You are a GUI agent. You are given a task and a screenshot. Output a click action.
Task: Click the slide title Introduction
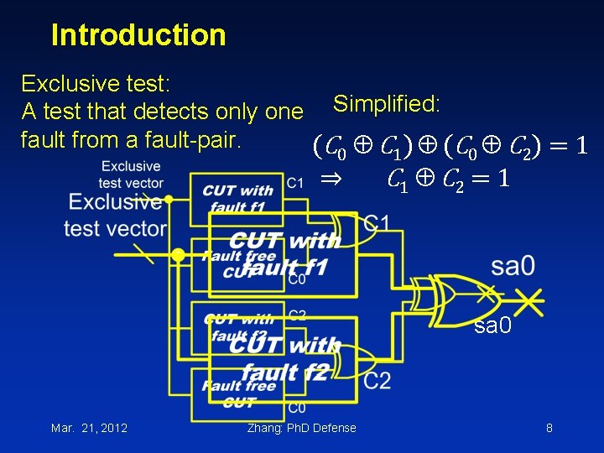tap(138, 35)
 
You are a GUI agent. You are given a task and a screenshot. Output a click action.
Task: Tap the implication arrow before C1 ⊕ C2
tap(331, 179)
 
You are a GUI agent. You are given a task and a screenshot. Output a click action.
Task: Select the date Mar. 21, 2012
tap(89, 428)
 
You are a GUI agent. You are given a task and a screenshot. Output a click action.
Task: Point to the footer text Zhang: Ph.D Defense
tap(301, 428)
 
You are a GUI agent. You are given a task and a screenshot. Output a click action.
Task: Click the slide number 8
tap(549, 428)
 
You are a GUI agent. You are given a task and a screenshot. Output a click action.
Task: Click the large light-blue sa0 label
tap(513, 267)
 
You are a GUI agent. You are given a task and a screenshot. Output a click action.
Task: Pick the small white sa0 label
tap(492, 325)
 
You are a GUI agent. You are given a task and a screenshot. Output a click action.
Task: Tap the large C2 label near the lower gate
tap(377, 380)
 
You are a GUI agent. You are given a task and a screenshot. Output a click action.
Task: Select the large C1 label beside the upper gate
tap(377, 224)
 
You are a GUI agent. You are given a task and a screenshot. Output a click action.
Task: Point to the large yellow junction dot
tap(178, 255)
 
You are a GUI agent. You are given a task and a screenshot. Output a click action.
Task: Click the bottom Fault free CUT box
tap(238, 393)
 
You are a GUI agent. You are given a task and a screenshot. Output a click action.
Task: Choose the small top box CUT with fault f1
tap(237, 199)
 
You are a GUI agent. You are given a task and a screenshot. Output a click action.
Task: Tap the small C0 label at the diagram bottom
tap(297, 408)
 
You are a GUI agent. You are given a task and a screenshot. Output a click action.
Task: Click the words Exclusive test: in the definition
tap(96, 83)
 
